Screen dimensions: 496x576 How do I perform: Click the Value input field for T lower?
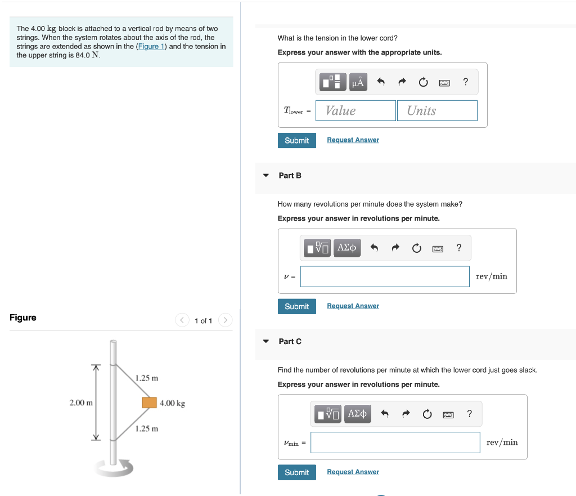click(355, 110)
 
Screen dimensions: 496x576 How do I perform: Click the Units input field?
click(437, 110)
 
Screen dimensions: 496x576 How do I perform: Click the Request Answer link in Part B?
click(353, 306)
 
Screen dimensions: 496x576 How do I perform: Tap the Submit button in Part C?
click(296, 472)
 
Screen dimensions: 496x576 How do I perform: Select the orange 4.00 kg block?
click(149, 403)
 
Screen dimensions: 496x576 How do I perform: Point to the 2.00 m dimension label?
click(81, 403)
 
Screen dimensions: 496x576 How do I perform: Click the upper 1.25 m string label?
click(147, 378)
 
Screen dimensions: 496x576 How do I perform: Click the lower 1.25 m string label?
click(147, 428)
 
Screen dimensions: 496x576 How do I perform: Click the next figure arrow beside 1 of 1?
click(224, 320)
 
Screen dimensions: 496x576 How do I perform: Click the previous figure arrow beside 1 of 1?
click(182, 320)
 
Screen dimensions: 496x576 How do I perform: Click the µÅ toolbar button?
click(358, 82)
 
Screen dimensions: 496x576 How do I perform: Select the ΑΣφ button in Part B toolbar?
click(347, 248)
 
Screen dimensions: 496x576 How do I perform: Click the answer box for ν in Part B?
click(385, 276)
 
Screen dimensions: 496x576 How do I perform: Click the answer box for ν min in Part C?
click(395, 443)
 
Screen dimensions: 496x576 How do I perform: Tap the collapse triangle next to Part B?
click(266, 176)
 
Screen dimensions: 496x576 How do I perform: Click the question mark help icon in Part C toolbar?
click(470, 414)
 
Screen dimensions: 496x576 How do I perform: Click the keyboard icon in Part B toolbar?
click(438, 248)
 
